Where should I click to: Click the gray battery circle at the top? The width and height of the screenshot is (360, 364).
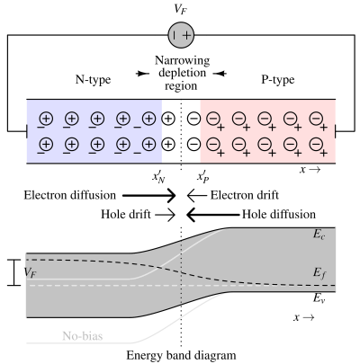pyautogui.click(x=181, y=36)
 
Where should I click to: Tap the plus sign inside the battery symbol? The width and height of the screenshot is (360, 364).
pyautogui.click(x=187, y=36)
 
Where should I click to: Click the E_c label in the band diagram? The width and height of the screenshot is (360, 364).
pyautogui.click(x=319, y=235)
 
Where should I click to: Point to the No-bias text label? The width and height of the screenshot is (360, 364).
pyautogui.click(x=82, y=337)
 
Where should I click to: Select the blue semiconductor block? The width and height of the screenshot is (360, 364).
pyautogui.click(x=94, y=131)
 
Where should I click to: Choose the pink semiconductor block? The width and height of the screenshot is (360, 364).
pyautogui.click(x=267, y=131)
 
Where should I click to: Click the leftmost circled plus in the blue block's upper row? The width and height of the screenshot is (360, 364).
pyautogui.click(x=46, y=119)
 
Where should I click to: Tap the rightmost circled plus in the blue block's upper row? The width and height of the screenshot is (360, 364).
pyautogui.click(x=149, y=119)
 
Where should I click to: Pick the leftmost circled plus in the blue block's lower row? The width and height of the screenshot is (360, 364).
pyautogui.click(x=46, y=144)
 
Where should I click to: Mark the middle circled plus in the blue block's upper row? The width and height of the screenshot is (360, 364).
pyautogui.click(x=97, y=119)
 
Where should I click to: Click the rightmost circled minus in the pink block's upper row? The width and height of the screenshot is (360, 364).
pyautogui.click(x=316, y=119)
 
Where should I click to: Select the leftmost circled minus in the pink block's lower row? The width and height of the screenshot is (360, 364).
pyautogui.click(x=213, y=144)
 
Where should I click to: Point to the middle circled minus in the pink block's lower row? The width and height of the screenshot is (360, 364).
pyautogui.click(x=265, y=144)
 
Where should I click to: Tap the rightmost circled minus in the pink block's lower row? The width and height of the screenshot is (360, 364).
pyautogui.click(x=316, y=144)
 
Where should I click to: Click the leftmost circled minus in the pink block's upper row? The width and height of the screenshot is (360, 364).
pyautogui.click(x=213, y=119)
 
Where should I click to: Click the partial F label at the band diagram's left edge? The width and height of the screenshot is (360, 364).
pyautogui.click(x=31, y=269)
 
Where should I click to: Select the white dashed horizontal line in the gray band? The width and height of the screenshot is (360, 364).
pyautogui.click(x=90, y=286)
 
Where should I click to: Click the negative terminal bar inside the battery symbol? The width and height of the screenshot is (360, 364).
pyautogui.click(x=175, y=36)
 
